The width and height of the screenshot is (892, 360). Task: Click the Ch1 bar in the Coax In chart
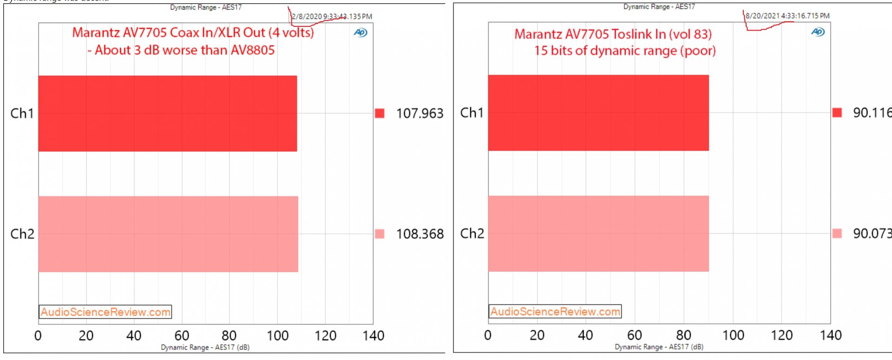167,113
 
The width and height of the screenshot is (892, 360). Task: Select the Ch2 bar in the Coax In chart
168,234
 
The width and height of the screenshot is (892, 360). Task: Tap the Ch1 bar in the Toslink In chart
598,112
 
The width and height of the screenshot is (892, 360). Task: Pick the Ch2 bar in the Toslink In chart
598,233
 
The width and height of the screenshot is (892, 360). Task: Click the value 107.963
420,113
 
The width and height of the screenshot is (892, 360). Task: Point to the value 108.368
420,234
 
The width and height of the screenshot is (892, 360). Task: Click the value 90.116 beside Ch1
872,112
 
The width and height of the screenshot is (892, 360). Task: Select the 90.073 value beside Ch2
872,233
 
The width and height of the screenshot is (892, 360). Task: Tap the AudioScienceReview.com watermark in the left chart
105,312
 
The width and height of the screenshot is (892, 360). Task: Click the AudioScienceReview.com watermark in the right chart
555,311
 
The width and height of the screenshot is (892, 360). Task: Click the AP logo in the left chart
361,33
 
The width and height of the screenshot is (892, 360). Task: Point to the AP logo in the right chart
818,32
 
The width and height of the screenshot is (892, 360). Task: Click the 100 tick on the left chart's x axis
277,335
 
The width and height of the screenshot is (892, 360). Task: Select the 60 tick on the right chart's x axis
635,335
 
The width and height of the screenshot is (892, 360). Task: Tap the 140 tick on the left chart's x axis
373,335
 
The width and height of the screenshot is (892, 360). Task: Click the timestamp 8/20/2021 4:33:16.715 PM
787,16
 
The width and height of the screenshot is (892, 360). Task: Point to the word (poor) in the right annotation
698,51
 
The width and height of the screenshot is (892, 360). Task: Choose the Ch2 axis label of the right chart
472,233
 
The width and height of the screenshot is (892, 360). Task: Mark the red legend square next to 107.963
380,113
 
